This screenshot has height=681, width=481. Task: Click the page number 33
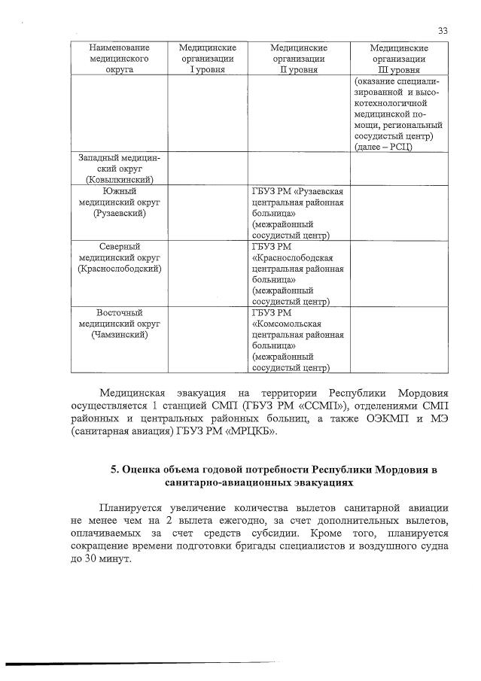click(x=442, y=30)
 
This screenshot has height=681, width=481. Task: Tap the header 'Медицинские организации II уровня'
click(x=299, y=58)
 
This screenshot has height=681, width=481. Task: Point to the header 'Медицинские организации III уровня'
click(x=399, y=58)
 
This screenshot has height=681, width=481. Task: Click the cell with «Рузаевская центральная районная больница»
click(x=299, y=213)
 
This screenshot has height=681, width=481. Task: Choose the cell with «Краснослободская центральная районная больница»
click(x=299, y=273)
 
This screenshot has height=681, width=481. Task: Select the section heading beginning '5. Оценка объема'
click(x=274, y=477)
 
